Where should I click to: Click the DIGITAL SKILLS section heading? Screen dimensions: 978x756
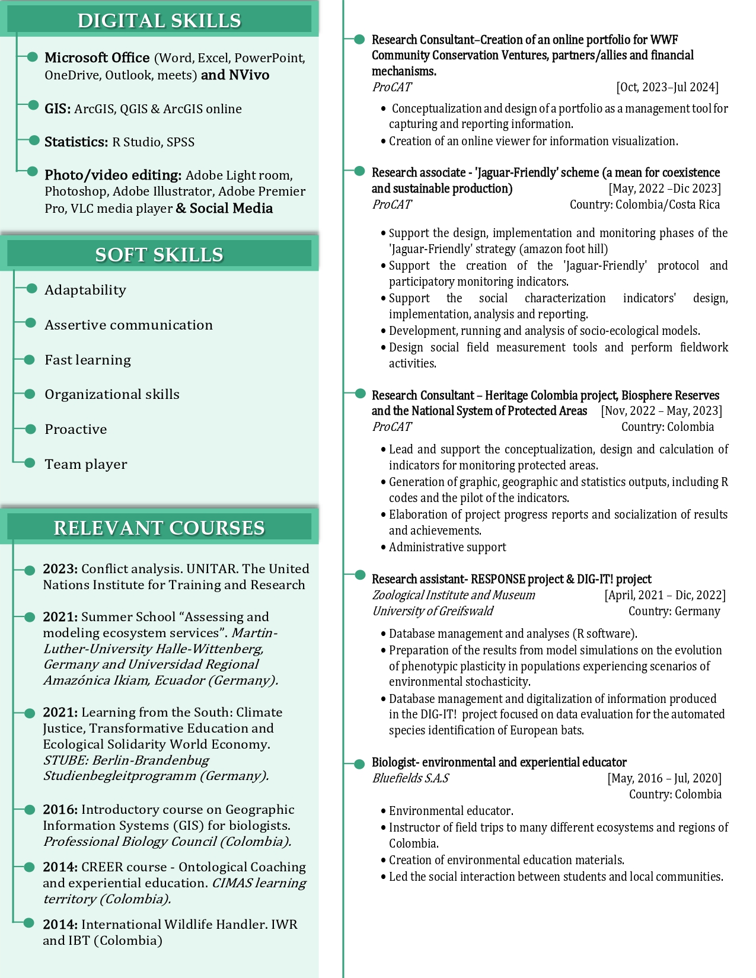point(159,21)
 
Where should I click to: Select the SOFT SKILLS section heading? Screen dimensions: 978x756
point(159,255)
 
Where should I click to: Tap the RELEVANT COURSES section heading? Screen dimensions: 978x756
point(159,528)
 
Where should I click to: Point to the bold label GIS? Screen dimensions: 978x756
point(58,109)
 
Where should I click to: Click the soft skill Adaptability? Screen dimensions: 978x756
point(85,290)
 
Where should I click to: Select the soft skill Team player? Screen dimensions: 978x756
point(86,464)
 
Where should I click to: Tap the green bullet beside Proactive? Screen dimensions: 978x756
point(30,429)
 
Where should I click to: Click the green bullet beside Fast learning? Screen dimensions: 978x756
point(30,359)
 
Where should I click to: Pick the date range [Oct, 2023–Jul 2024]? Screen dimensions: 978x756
point(667,87)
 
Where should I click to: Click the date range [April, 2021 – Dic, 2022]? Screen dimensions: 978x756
point(665,595)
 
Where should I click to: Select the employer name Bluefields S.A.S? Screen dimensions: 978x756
point(410,778)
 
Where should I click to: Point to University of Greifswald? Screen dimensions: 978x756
point(432,611)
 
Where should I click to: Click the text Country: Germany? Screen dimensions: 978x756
point(674,611)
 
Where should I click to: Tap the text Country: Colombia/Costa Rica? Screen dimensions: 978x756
point(645,204)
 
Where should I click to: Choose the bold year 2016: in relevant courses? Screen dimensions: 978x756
point(60,810)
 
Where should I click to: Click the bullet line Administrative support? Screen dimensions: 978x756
point(447,547)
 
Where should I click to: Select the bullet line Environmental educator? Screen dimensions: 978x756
point(451,811)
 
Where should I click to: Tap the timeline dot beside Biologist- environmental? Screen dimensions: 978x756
point(359,763)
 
